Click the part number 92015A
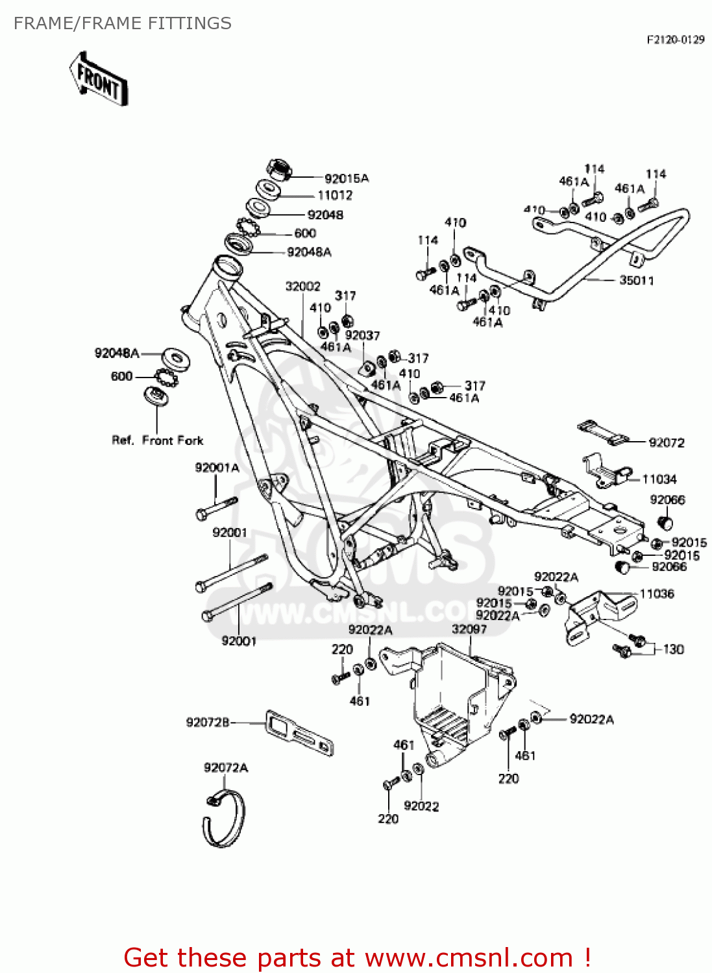(x=346, y=178)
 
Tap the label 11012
(x=334, y=195)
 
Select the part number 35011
(x=636, y=280)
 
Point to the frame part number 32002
(x=302, y=286)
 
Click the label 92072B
(x=208, y=722)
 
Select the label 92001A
(x=217, y=468)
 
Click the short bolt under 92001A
(x=217, y=507)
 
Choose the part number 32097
(x=469, y=629)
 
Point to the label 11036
(x=656, y=594)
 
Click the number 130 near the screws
(x=673, y=649)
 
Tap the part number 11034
(x=659, y=479)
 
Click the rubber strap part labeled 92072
(x=603, y=433)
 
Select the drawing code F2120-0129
(x=675, y=40)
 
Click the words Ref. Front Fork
(x=158, y=440)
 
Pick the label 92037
(x=362, y=335)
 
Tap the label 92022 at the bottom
(x=421, y=806)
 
